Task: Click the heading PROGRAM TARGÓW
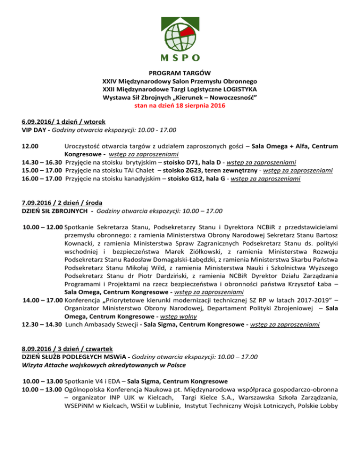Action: pos(180,73)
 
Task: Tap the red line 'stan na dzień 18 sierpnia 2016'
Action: pos(180,105)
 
